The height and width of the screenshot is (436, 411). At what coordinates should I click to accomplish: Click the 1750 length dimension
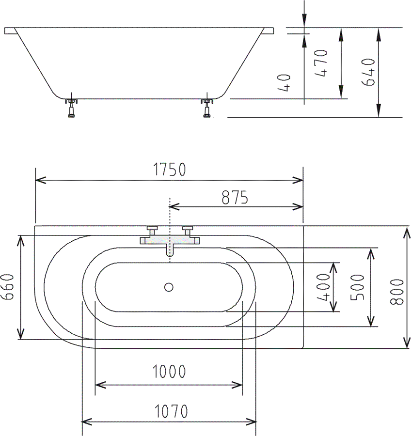[x=170, y=170]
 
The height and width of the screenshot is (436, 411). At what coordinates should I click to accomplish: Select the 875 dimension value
[x=235, y=197]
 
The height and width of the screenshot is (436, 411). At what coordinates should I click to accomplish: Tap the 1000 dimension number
[x=169, y=372]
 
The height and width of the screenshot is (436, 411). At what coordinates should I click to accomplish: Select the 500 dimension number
[x=358, y=287]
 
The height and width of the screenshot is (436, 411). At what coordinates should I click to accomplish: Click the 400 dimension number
[x=324, y=287]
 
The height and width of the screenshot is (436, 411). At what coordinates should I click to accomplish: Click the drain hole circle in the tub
[x=169, y=287]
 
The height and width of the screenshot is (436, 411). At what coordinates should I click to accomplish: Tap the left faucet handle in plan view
[x=152, y=229]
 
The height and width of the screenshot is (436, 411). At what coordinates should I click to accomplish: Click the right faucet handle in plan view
[x=187, y=229]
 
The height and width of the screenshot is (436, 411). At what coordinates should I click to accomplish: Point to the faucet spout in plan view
[x=169, y=250]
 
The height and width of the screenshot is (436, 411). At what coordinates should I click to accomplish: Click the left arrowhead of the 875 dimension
[x=173, y=207]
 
